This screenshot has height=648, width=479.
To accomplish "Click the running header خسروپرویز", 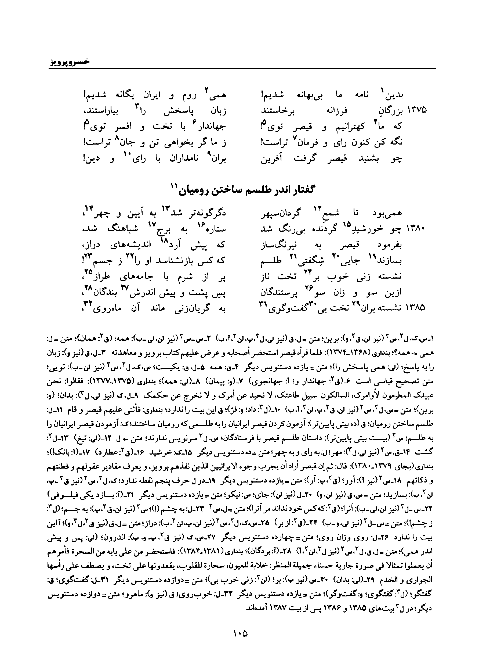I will click(69, 62).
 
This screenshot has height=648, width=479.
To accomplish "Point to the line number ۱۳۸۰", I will click(417, 229).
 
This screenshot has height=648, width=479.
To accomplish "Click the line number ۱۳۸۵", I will click(417, 307).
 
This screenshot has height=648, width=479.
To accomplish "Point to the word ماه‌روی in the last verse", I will click(105, 308).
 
